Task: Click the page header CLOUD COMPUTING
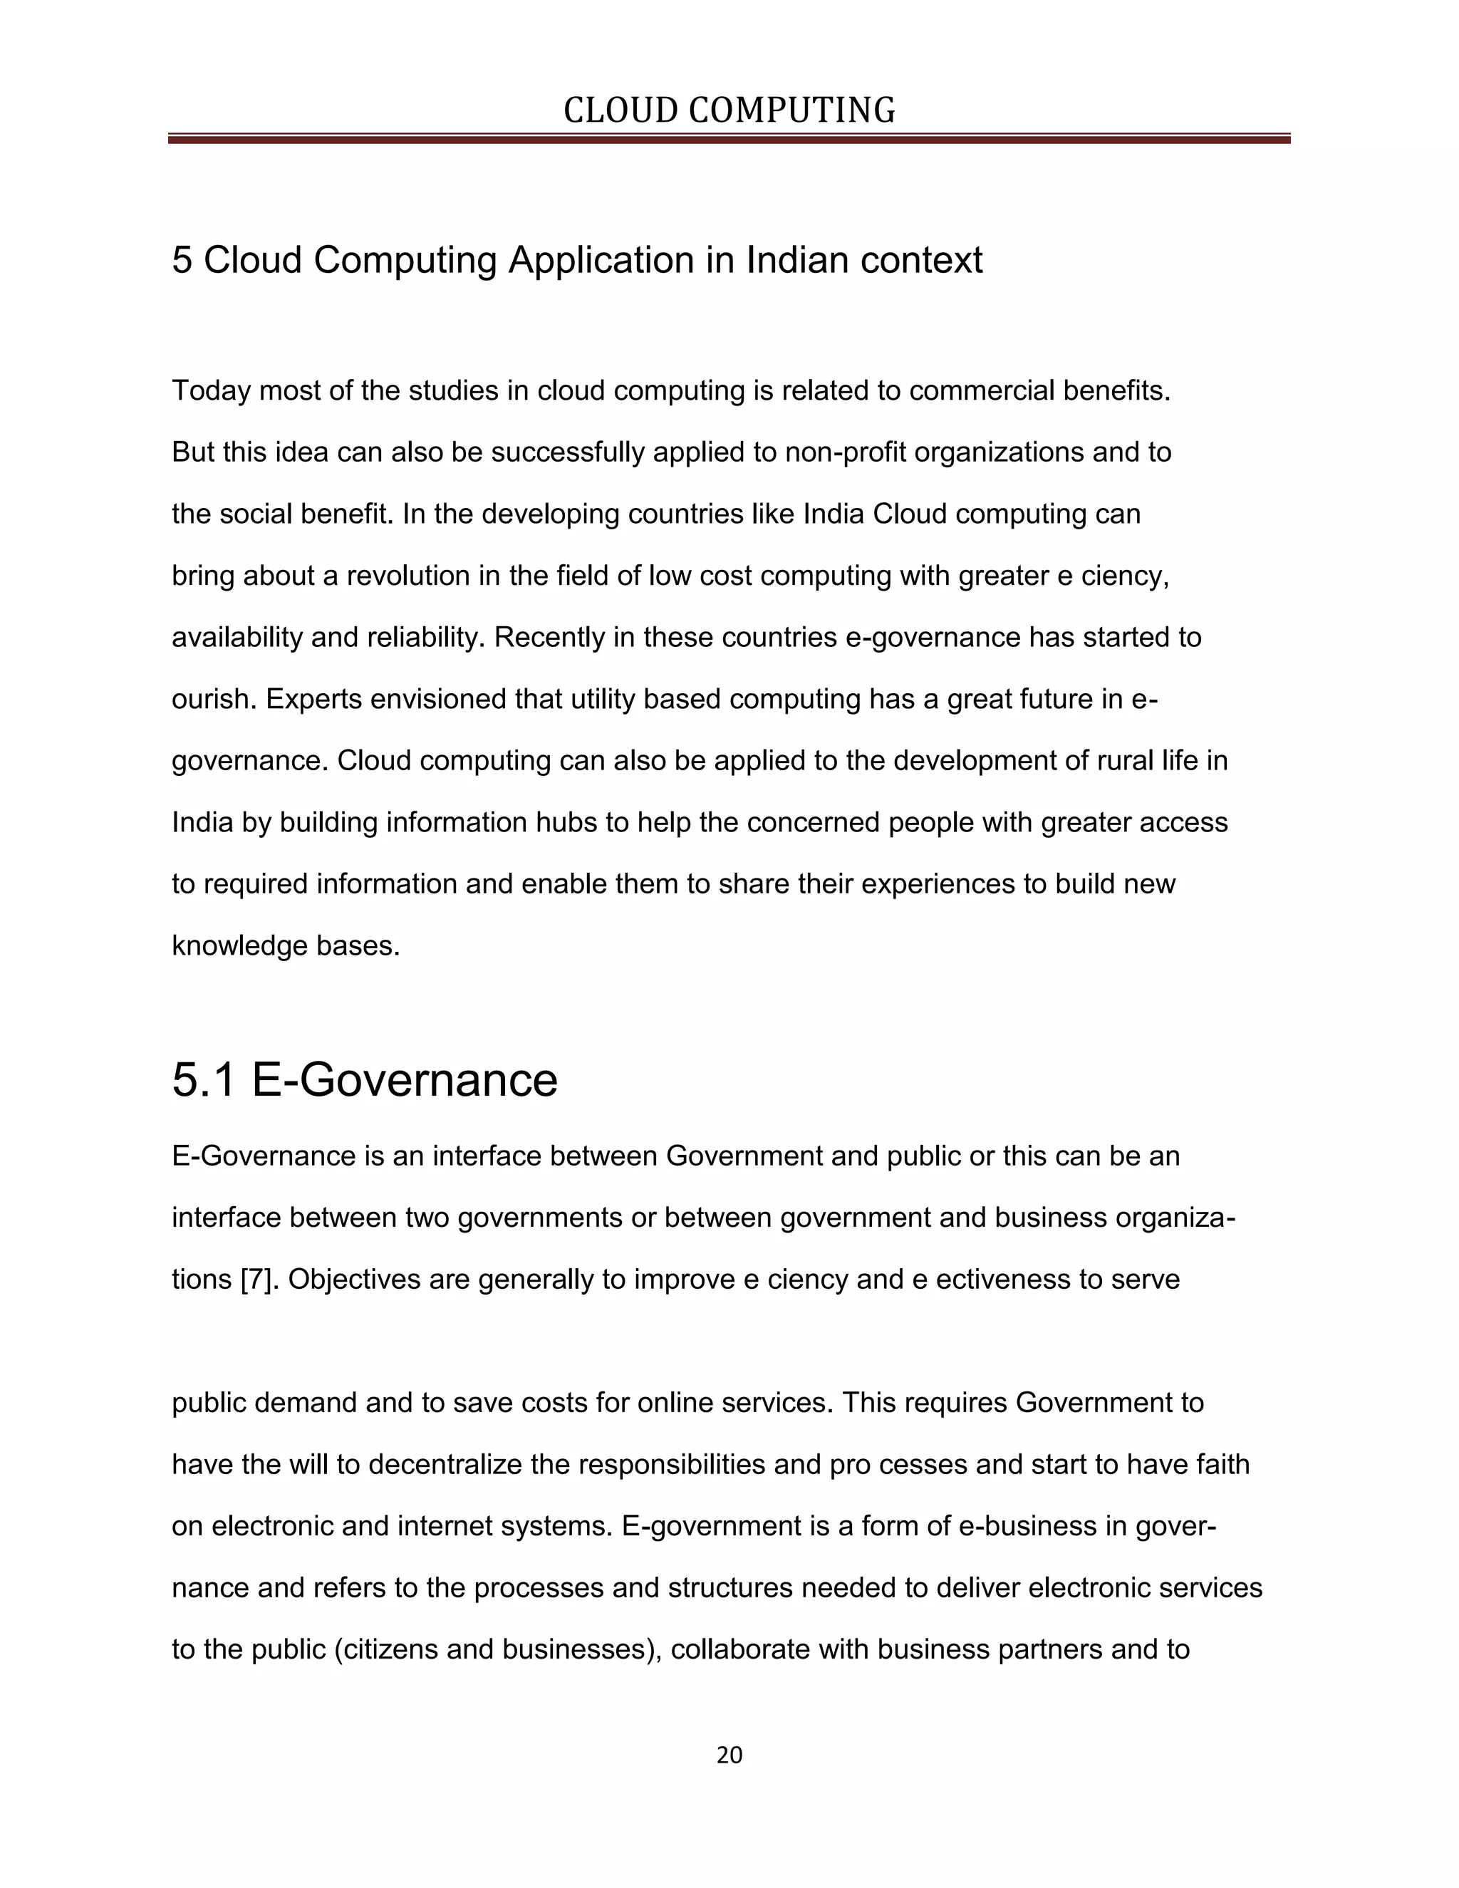[729, 110]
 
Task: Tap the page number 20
[729, 1755]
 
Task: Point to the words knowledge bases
[285, 945]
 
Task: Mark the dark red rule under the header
[729, 138]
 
